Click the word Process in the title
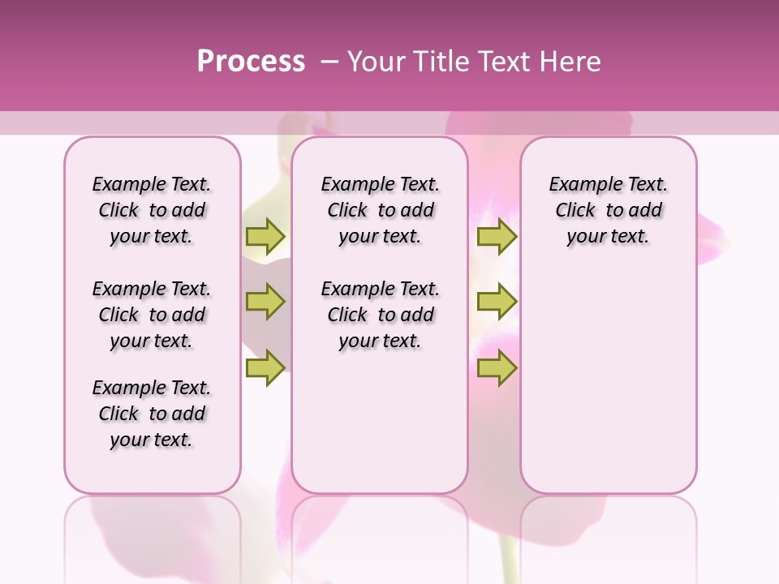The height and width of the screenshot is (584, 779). (251, 62)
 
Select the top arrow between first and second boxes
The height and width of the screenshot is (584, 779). (265, 236)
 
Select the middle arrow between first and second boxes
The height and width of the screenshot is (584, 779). (265, 302)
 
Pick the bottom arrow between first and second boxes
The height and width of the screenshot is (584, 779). (265, 368)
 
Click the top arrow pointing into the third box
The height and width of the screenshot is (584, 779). (497, 236)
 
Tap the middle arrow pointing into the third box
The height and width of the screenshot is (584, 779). (497, 302)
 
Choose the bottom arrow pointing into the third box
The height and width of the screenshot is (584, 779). (497, 368)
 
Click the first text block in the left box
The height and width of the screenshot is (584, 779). (152, 211)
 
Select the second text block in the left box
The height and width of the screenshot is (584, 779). (152, 315)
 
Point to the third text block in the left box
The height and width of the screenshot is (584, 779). (152, 414)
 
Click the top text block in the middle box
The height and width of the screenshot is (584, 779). (380, 211)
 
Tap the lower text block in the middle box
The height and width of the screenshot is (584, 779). (380, 315)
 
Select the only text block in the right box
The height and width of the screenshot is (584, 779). (608, 211)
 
